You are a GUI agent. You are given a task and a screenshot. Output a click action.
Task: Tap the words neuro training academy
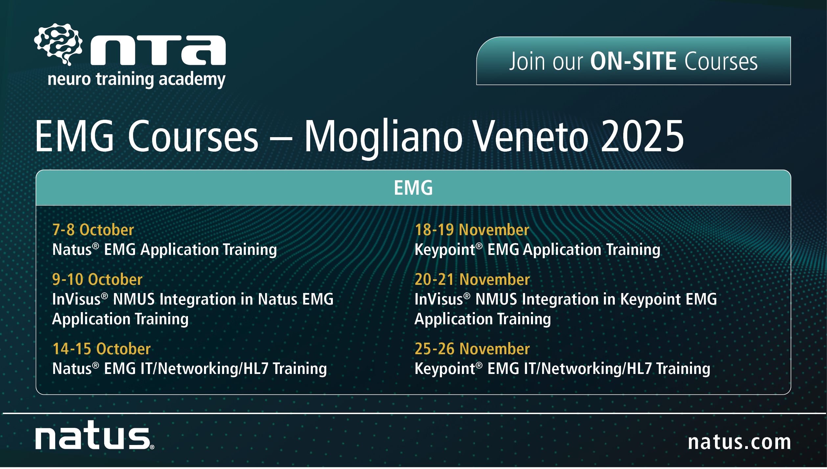tap(136, 79)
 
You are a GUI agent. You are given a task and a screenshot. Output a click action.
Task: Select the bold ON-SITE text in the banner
tap(633, 62)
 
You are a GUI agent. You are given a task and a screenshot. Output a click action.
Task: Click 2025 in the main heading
tap(642, 136)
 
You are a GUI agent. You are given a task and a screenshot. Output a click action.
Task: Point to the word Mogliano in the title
tap(383, 136)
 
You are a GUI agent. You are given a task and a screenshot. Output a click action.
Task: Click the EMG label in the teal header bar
tap(413, 188)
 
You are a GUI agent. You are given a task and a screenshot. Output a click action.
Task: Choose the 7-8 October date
tap(93, 230)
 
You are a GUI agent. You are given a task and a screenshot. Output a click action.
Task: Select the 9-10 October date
tap(97, 279)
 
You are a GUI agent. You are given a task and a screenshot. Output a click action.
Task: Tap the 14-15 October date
tap(102, 349)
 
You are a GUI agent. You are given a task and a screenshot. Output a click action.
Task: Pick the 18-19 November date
tap(472, 230)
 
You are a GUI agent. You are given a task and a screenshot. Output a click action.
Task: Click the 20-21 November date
tap(472, 279)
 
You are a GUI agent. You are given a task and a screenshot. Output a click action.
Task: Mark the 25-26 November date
tap(472, 349)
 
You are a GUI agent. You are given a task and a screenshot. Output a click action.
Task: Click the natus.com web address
tap(739, 442)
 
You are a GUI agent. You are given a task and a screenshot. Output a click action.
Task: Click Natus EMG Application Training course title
tap(164, 250)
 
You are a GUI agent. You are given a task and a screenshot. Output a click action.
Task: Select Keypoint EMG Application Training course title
tap(537, 250)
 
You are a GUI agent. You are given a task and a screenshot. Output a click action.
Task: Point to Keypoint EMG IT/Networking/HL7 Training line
tap(562, 369)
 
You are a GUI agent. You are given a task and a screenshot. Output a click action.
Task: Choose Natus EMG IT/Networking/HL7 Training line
tap(189, 369)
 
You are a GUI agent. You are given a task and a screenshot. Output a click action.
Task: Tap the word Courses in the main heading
tap(193, 136)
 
